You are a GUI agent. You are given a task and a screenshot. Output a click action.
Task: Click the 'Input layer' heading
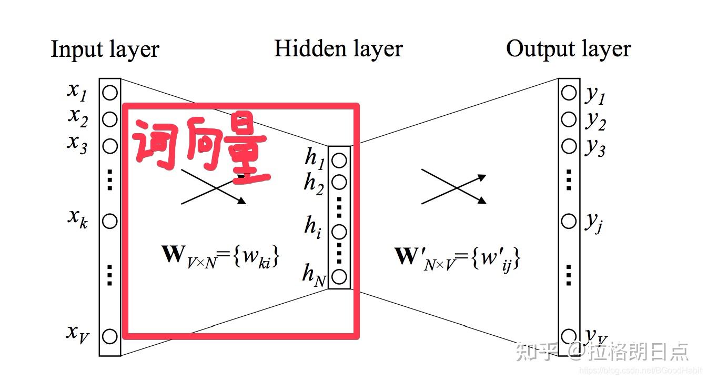pos(105,49)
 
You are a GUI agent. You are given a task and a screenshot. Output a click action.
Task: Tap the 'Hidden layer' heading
pos(338,49)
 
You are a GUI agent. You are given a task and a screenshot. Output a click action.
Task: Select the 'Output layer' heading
pos(568,49)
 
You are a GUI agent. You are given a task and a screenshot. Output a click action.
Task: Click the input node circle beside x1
pos(109,93)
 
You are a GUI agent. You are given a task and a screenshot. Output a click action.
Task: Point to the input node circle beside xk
pos(109,221)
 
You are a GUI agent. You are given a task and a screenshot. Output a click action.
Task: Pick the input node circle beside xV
pos(109,336)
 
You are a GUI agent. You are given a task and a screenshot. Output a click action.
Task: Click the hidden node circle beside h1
pos(339,160)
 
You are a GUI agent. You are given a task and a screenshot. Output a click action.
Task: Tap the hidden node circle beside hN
pos(339,275)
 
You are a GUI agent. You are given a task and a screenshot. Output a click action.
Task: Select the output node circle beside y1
pos(569,93)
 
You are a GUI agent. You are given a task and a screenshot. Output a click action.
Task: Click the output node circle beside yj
pos(569,221)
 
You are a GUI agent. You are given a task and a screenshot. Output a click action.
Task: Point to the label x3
pos(77,144)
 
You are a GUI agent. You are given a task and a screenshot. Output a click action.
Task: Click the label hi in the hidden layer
pos(312,227)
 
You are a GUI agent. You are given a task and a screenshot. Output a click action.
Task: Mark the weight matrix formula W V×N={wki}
pos(220,257)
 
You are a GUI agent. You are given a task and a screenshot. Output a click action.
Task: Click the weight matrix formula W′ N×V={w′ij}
pos(457,258)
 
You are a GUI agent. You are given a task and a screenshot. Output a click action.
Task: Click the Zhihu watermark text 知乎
pos(534,351)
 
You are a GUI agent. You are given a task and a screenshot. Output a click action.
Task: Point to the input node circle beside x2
pos(109,119)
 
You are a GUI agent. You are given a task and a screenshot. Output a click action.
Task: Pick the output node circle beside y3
pos(569,145)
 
